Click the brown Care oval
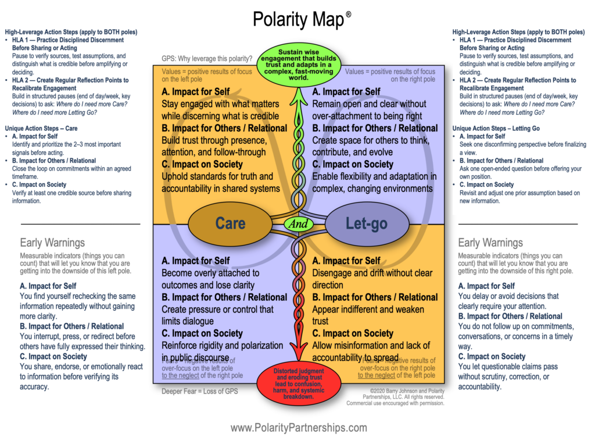[x=230, y=223]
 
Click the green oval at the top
[x=298, y=63]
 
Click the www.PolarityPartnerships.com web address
[x=298, y=428]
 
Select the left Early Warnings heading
[x=52, y=243]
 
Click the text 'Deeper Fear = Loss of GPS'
[x=199, y=391]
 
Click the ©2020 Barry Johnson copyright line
[x=403, y=391]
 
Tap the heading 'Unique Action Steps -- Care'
[x=41, y=127]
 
